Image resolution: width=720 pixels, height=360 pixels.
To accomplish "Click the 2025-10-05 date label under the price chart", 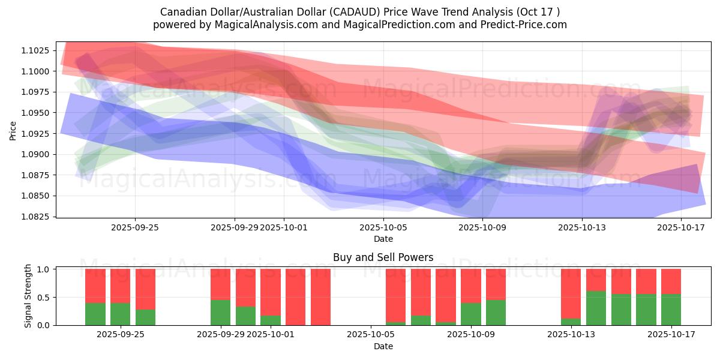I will pyautogui.click(x=383, y=227).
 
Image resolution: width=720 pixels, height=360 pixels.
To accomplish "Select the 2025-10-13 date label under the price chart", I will pyautogui.click(x=581, y=227).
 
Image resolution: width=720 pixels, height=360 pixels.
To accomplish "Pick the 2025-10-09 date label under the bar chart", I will pyautogui.click(x=471, y=335).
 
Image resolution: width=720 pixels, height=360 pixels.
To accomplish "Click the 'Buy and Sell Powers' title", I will pyautogui.click(x=383, y=258).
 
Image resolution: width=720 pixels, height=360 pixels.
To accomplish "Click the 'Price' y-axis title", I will pyautogui.click(x=13, y=130).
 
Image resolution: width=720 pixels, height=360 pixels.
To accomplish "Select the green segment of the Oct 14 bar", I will pyautogui.click(x=596, y=308).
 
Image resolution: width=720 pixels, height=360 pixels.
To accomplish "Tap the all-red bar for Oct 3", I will pyautogui.click(x=320, y=297).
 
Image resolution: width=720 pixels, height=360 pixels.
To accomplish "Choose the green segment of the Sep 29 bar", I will pyautogui.click(x=220, y=313).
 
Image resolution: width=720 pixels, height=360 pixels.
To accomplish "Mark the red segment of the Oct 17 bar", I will pyautogui.click(x=671, y=281).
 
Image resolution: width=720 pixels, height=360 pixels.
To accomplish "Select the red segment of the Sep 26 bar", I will pyautogui.click(x=145, y=289).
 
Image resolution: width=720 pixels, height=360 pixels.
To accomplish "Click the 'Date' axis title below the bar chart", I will pyautogui.click(x=383, y=346).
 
